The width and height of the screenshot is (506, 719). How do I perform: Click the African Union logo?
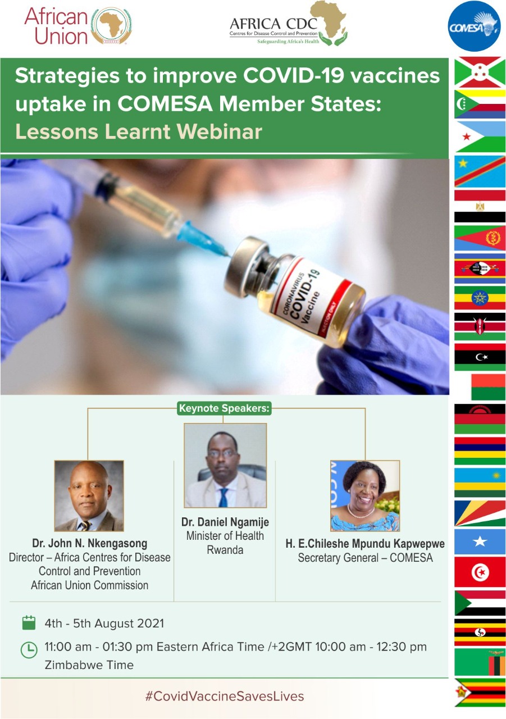pyautogui.click(x=78, y=26)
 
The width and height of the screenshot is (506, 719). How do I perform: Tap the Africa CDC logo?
pyautogui.click(x=289, y=24)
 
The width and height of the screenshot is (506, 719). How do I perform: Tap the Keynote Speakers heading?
pyautogui.click(x=224, y=408)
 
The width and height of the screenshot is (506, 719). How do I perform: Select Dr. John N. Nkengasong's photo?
pyautogui.click(x=89, y=495)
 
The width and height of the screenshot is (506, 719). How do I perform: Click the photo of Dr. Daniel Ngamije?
pyautogui.click(x=225, y=466)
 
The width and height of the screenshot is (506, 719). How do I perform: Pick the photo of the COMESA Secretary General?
pyautogui.click(x=365, y=496)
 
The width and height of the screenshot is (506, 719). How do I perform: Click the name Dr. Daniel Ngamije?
pyautogui.click(x=225, y=522)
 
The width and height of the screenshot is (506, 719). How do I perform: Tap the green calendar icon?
pyautogui.click(x=29, y=623)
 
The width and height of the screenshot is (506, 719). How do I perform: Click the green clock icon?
pyautogui.click(x=29, y=650)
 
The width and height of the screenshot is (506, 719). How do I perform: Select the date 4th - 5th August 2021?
pyautogui.click(x=104, y=624)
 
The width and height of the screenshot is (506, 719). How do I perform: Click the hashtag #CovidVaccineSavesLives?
pyautogui.click(x=225, y=696)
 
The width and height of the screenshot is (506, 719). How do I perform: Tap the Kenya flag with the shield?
pyautogui.click(x=480, y=326)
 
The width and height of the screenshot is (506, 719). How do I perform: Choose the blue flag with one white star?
pyautogui.click(x=480, y=541)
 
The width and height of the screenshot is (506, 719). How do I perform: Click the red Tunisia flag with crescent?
pyautogui.click(x=480, y=572)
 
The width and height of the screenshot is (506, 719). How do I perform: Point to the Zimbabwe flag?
pyautogui.click(x=480, y=693)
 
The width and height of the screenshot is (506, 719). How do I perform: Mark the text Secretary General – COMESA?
pyautogui.click(x=365, y=558)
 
